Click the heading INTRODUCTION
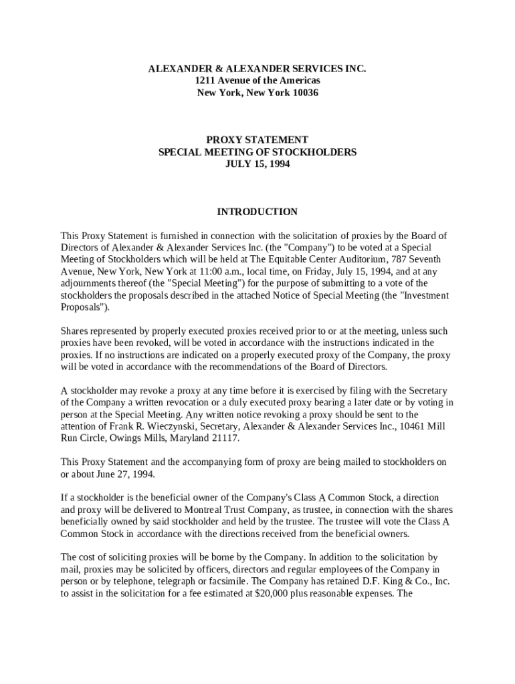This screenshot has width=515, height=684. click(257, 212)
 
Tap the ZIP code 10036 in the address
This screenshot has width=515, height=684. click(305, 93)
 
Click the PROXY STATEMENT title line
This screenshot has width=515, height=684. click(257, 140)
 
